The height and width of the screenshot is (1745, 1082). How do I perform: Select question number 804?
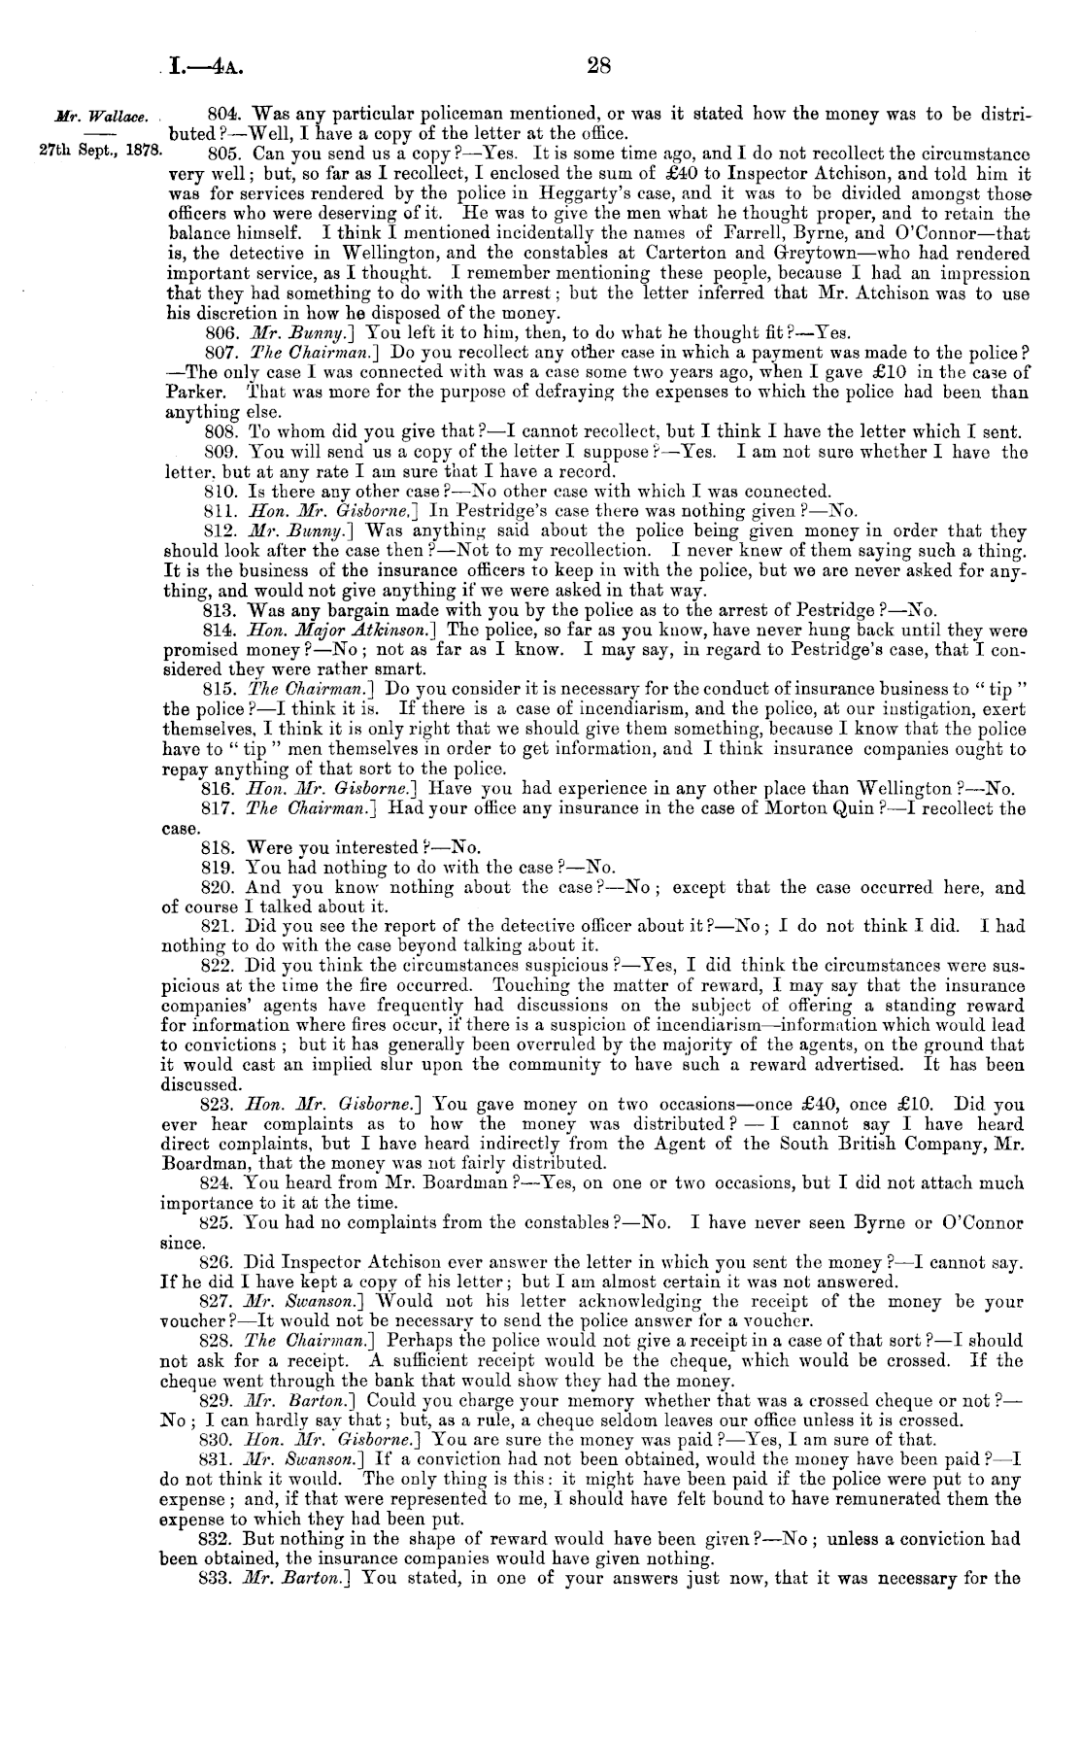coord(224,114)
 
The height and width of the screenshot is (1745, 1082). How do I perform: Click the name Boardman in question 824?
coord(420,1182)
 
